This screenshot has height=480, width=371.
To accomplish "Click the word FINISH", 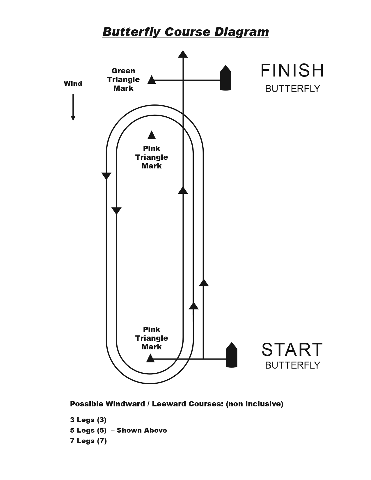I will pos(292,70).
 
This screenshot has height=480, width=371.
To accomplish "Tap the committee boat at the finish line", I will pos(226,78).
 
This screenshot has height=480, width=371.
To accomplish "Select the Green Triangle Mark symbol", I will pos(151,80).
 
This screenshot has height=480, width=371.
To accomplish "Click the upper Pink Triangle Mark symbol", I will pos(151,135).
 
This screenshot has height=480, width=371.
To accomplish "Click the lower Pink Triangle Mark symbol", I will pos(150,358).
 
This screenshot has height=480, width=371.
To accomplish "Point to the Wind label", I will pos(73,84).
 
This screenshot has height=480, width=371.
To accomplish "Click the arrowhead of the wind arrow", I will pos(73,118).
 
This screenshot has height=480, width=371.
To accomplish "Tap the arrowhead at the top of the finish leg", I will pos(183,54).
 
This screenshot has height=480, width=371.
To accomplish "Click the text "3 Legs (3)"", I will pos(88,420).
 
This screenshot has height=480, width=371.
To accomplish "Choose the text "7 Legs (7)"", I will pos(88,441).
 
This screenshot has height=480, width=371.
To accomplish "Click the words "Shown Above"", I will pos(142,430).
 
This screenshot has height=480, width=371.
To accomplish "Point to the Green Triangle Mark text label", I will pos(123,79).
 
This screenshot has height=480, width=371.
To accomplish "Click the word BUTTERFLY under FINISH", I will pos(292,88).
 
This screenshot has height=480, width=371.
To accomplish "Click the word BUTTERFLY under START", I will pos(292,365).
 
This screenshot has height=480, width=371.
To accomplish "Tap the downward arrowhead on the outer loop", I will pos(106,176).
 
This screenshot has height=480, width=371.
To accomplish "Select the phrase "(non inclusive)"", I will pos(255,404).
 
